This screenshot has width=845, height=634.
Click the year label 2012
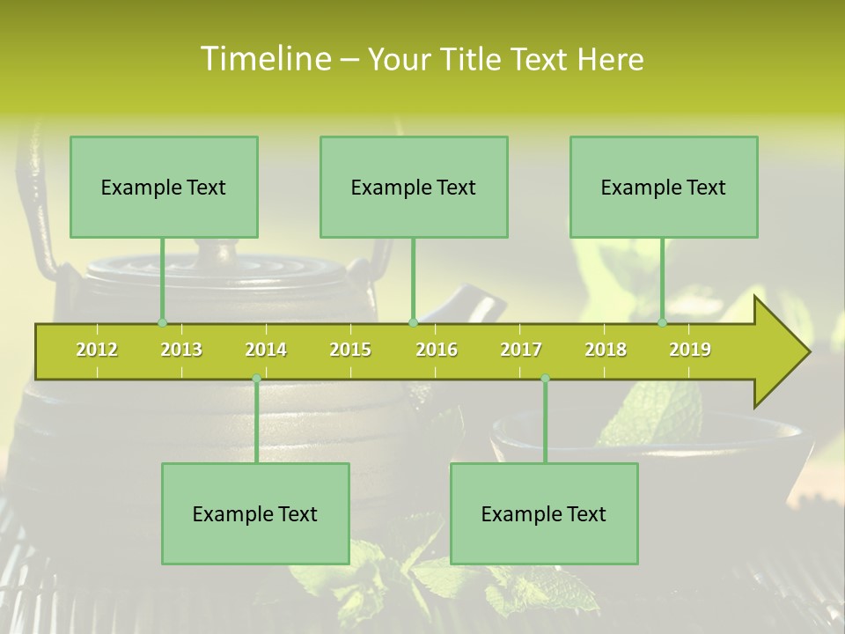[x=97, y=350]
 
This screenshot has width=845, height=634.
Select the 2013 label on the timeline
[x=181, y=350]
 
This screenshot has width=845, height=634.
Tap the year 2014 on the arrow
[x=266, y=350]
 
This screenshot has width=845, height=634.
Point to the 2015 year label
[x=350, y=350]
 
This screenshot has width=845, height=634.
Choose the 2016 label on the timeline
[x=437, y=350]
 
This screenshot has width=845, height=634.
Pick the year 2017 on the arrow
[x=521, y=350]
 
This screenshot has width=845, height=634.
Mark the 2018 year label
[x=606, y=350]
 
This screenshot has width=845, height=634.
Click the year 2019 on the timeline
[x=690, y=350]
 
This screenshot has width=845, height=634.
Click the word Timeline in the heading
[x=264, y=59]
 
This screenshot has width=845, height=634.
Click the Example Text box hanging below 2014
[x=255, y=513]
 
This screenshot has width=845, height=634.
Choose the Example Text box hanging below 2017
[x=544, y=513]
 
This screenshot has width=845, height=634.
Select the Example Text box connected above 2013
[x=164, y=187]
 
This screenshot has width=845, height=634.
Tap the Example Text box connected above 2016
[x=414, y=187]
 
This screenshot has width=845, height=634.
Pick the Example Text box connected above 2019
[x=664, y=187]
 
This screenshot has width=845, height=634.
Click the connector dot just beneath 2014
[x=256, y=379]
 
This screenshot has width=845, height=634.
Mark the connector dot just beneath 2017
[x=545, y=379]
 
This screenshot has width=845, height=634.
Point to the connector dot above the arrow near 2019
[x=663, y=322]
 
